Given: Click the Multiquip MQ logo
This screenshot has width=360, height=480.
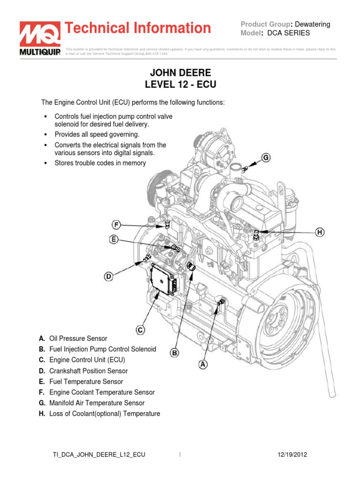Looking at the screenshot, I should [x=39, y=38].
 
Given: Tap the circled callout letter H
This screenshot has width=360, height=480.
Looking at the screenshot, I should [x=320, y=232].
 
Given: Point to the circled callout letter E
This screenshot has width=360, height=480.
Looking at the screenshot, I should [x=113, y=240].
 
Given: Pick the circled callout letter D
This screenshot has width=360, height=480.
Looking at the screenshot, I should [x=108, y=277].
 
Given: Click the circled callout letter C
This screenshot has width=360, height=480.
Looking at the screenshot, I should [x=140, y=330].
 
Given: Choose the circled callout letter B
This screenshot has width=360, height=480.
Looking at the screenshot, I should [x=174, y=352].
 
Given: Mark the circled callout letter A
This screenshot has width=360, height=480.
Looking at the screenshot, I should [x=203, y=363].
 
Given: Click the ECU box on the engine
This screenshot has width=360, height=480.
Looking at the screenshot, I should [x=163, y=279].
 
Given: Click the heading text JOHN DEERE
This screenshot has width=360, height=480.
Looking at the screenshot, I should [x=180, y=73].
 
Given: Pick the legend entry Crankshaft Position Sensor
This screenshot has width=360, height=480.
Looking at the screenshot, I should [x=88, y=371].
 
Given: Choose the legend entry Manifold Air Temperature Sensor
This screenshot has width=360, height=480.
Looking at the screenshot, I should [x=97, y=403].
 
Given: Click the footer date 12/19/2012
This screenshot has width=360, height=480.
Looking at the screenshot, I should [x=292, y=455].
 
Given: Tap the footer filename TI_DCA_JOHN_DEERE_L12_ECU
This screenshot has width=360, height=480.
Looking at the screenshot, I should [x=98, y=455].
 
